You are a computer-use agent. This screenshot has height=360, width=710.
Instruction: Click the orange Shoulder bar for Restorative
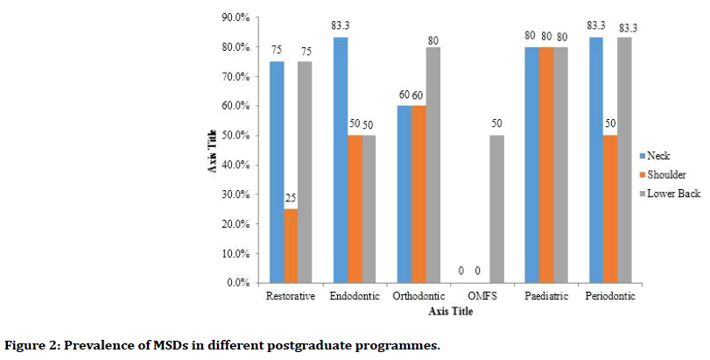point(291,245)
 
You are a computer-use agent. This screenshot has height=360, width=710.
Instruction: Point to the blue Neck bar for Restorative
point(276,172)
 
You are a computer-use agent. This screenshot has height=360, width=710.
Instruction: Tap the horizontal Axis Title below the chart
point(453,310)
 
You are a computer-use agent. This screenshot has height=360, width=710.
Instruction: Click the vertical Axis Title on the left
point(214,151)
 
